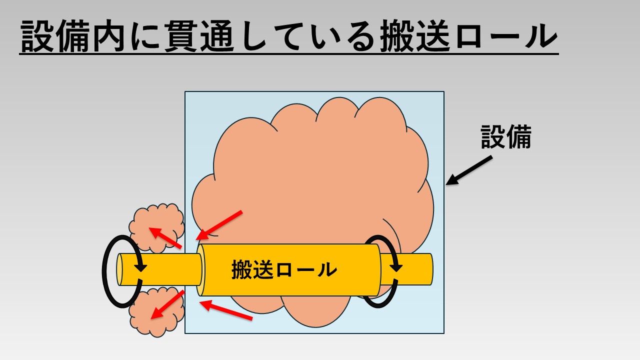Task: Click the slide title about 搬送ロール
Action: [289, 36]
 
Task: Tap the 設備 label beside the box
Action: [505, 136]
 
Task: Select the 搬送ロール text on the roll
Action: [284, 270]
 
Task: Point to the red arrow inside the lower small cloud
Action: [167, 304]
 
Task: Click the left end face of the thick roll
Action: [201, 270]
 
